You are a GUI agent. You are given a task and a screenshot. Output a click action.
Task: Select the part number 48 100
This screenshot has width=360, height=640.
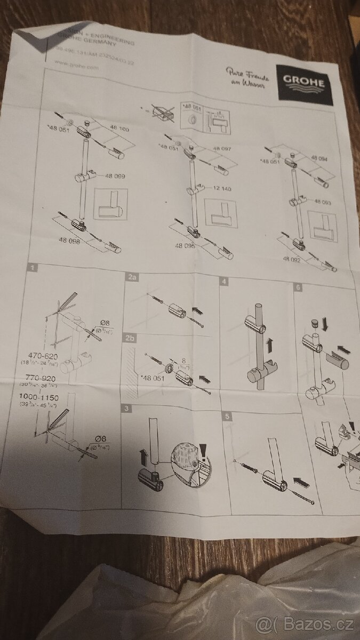120,130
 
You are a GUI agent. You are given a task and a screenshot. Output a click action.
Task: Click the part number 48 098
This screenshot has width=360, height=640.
70,241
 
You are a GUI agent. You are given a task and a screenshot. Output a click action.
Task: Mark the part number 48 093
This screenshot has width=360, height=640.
323,202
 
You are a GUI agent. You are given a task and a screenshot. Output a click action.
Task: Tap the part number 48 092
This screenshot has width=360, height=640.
293,259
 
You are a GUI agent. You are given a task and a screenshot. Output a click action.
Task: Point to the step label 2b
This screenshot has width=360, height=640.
130,338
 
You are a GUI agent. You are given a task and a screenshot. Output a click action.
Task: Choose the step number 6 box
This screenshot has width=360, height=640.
298,287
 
